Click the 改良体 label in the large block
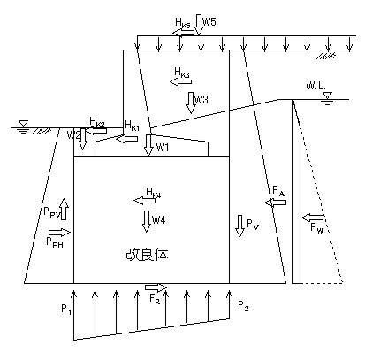147,254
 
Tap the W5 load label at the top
209,21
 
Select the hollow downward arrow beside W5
199,25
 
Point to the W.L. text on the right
315,86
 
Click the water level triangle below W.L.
327,96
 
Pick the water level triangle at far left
23,124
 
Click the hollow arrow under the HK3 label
180,82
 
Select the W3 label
201,100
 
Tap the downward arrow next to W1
148,145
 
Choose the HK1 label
132,126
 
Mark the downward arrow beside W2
82,139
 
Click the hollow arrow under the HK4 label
144,201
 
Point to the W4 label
158,219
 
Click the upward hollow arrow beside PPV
64,209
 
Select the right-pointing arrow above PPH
60,233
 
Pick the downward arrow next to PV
240,226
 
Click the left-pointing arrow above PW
312,218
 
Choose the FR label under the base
155,298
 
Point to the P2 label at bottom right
243,306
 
